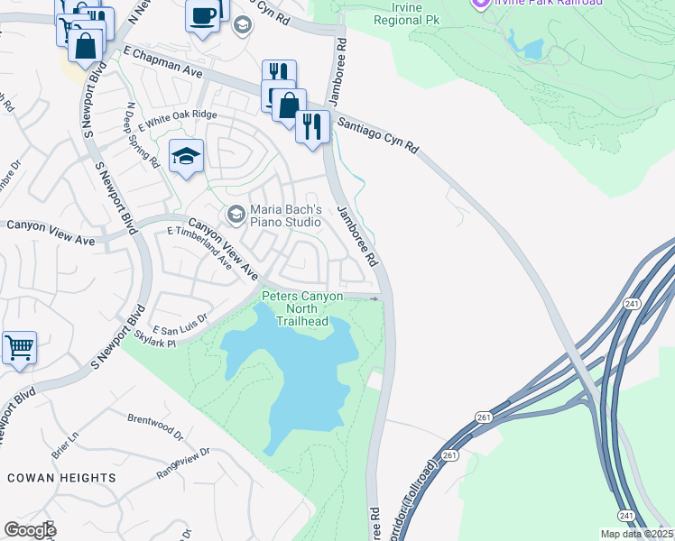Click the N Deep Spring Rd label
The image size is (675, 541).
(x=142, y=136)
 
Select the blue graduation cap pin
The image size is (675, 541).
(x=186, y=157)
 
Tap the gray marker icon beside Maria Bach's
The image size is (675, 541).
(x=236, y=214)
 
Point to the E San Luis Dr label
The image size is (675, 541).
(x=180, y=319)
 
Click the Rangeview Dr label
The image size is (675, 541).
(x=183, y=460)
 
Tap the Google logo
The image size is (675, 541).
(x=30, y=529)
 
